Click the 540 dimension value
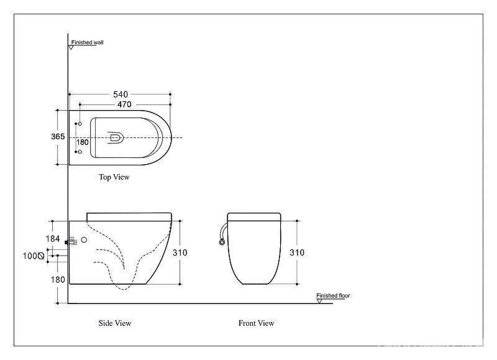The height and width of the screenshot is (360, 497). click(x=121, y=95)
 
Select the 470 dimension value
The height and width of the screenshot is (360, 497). click(x=124, y=104)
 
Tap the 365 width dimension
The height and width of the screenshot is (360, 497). click(x=58, y=136)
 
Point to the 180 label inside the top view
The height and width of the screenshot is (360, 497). click(x=83, y=142)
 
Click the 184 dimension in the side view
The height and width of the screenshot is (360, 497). click(x=53, y=239)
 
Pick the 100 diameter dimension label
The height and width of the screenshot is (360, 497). click(x=34, y=256)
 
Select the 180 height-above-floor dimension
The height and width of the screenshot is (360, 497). click(x=58, y=279)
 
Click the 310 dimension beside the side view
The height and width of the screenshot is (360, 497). click(x=180, y=252)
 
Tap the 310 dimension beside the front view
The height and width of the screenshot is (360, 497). click(x=297, y=252)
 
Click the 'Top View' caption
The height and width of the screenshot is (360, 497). click(x=114, y=177)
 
